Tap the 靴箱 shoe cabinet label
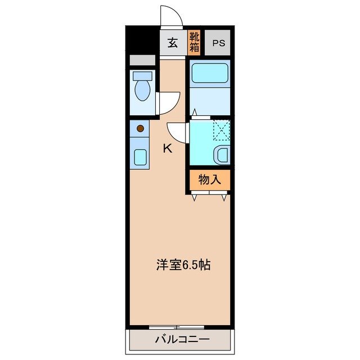point(194,43)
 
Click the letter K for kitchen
point(167,148)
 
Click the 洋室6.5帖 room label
point(183,265)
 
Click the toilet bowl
point(143,90)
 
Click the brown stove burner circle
point(141,129)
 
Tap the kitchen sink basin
point(141,157)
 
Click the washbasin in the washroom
point(223,154)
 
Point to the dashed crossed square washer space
point(221,131)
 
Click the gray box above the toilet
point(142,61)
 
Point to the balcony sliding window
point(177,327)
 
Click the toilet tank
point(142,75)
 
